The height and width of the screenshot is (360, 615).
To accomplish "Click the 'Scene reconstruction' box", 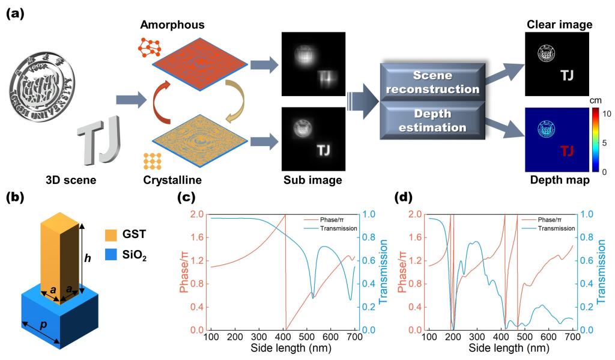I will pyautogui.click(x=431, y=81).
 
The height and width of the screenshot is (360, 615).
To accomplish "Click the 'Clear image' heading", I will pyautogui.click(x=558, y=25).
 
